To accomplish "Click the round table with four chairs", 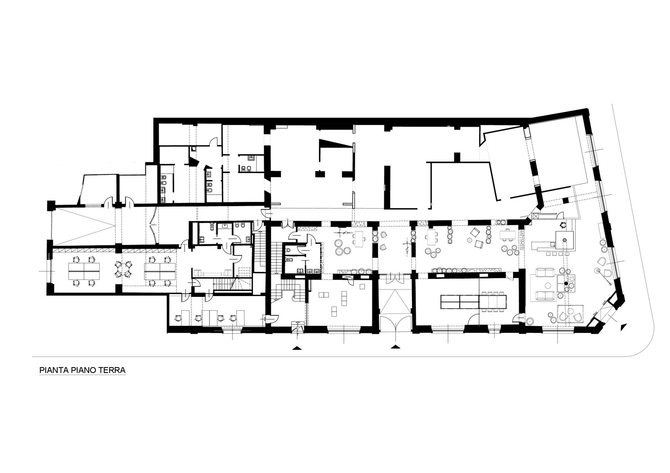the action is (124, 269).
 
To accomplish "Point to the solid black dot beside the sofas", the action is (566, 283).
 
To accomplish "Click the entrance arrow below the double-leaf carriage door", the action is (396, 346).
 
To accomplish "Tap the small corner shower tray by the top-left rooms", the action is (193, 149).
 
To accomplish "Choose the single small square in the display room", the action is (362, 286).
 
